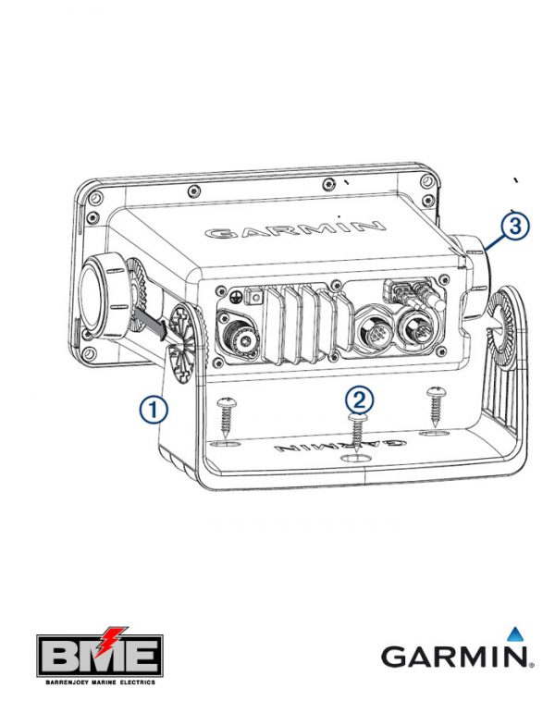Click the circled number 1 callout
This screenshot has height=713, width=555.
coord(154,410)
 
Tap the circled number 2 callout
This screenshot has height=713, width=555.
coord(359,400)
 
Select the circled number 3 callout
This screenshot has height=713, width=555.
coord(515,226)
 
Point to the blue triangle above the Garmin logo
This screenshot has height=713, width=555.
coord(514,633)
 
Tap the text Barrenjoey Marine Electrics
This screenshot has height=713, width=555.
coord(100,682)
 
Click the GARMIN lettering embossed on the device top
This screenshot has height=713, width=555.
coord(295,229)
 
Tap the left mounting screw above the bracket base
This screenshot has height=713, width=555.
coord(226,416)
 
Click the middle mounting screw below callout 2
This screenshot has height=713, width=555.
coord(358,433)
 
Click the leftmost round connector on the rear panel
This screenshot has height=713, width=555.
coord(239,333)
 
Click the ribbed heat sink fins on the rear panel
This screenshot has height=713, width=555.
coord(306,325)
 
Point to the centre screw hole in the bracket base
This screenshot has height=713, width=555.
coord(356,459)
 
